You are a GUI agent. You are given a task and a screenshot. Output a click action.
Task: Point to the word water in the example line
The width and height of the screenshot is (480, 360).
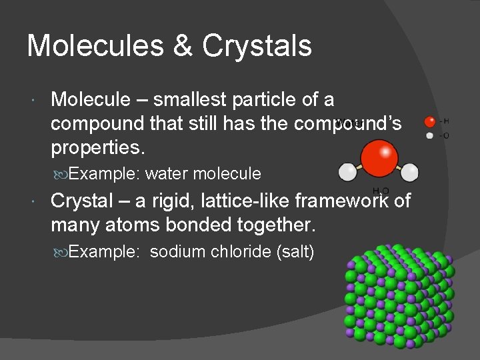pyautogui.click(x=166, y=174)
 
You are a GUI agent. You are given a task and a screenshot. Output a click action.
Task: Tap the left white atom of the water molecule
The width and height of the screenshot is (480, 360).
pyautogui.click(x=347, y=173)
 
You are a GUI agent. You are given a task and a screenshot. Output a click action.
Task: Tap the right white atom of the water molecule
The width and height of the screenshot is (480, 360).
pyautogui.click(x=409, y=172)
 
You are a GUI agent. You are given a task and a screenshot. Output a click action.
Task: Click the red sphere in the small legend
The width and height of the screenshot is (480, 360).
pyautogui.click(x=430, y=122)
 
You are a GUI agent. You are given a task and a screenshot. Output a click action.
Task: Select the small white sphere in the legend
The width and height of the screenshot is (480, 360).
pyautogui.click(x=430, y=136)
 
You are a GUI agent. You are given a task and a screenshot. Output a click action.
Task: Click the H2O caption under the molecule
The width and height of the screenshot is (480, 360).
pyautogui.click(x=381, y=191)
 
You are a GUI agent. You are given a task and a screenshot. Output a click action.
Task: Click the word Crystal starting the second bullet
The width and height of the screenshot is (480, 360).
pyautogui.click(x=85, y=200)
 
